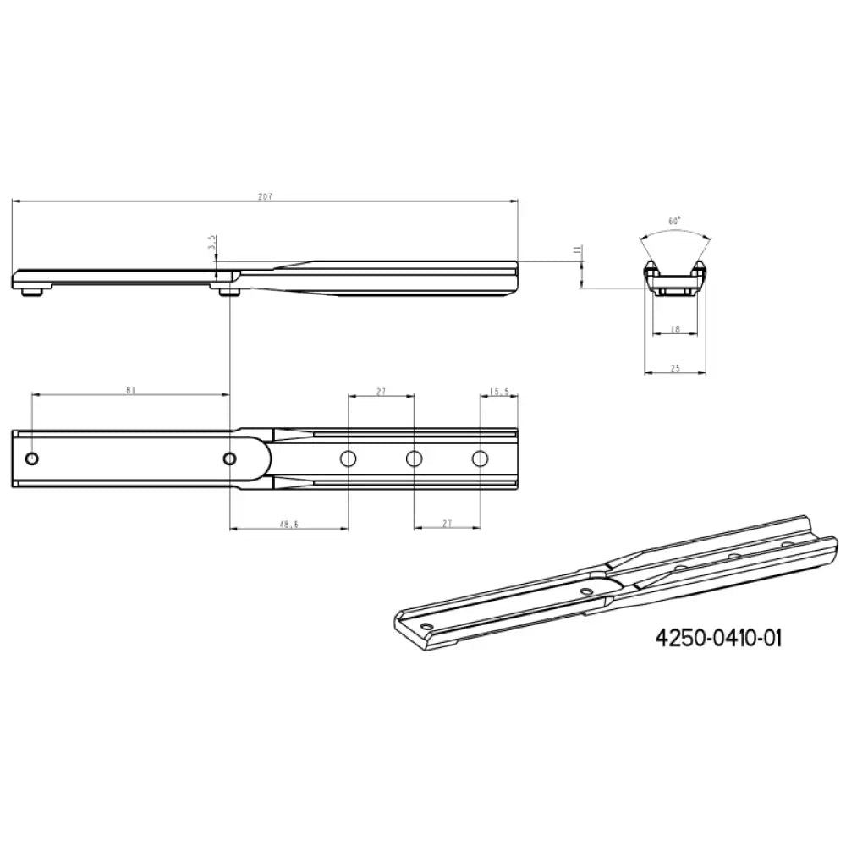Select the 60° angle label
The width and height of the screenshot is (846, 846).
(x=674, y=221)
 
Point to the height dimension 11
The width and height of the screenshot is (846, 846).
(x=576, y=250)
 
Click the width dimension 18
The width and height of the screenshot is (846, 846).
(x=674, y=329)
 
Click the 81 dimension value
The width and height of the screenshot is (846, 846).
(x=130, y=390)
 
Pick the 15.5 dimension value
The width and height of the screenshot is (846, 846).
(x=499, y=391)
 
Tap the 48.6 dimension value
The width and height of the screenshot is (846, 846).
(x=288, y=525)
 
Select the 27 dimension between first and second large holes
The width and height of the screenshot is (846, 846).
(x=381, y=391)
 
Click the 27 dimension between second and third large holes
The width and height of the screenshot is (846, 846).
(x=447, y=525)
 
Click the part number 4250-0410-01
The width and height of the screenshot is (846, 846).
(x=718, y=637)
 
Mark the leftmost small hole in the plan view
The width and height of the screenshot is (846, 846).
(x=32, y=459)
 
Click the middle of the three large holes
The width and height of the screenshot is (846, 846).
(x=414, y=459)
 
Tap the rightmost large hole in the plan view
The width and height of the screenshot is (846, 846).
(x=481, y=459)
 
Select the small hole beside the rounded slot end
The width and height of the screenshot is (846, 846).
(x=229, y=459)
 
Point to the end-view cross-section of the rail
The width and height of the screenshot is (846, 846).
(x=674, y=278)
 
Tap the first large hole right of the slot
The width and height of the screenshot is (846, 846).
(x=348, y=459)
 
